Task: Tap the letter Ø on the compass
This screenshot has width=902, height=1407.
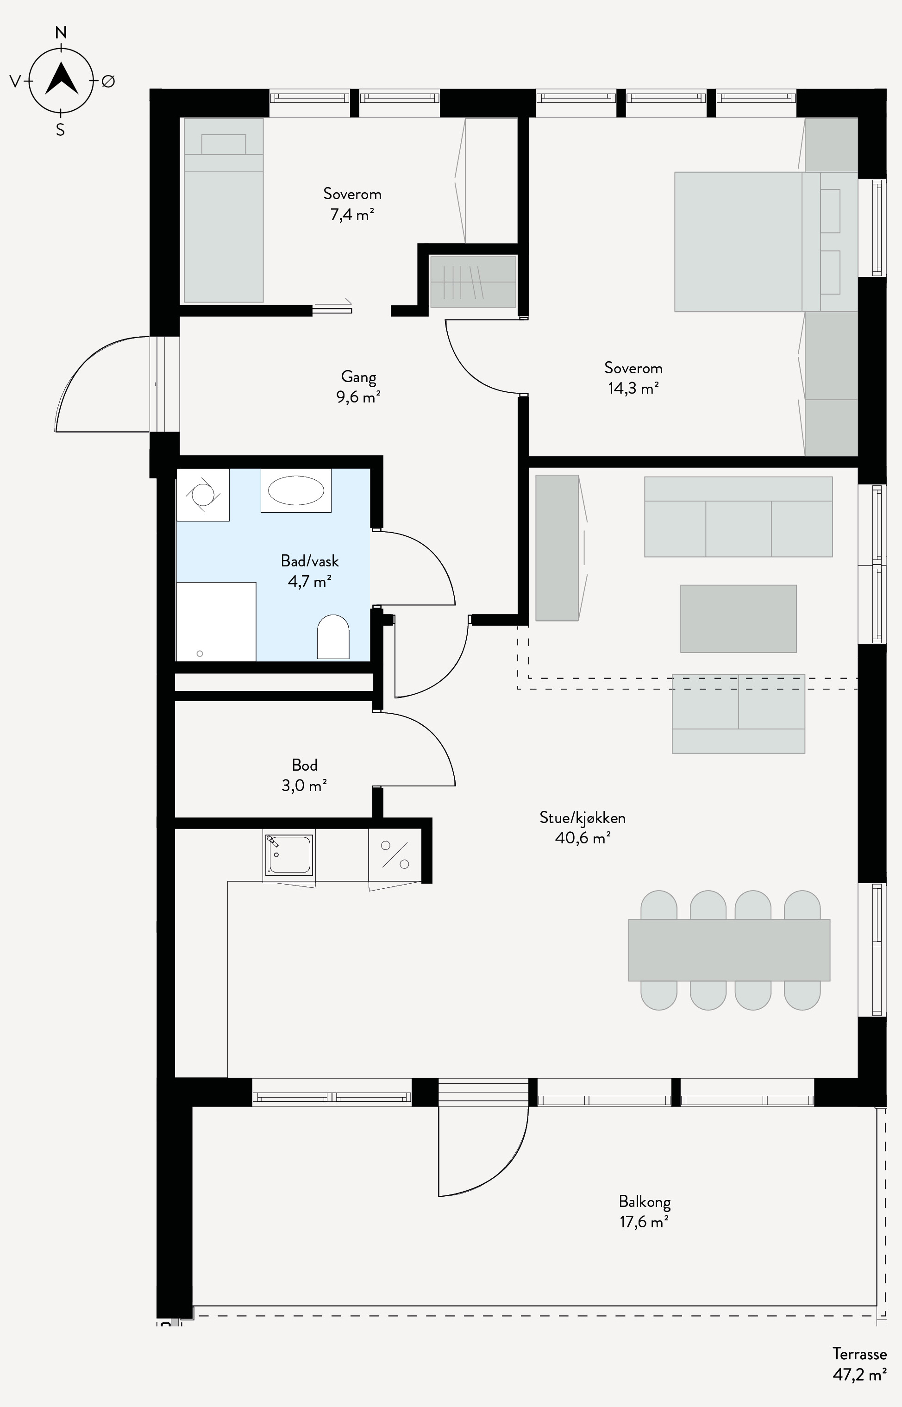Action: (x=108, y=82)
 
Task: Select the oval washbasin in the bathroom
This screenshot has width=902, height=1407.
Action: (x=296, y=490)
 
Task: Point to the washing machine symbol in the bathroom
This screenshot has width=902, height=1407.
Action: (x=203, y=495)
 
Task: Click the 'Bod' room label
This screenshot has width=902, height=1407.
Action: (x=305, y=765)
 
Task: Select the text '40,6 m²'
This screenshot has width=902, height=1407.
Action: (x=583, y=838)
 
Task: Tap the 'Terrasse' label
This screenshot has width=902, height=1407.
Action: (x=860, y=1354)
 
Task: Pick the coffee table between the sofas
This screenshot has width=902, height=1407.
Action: (x=738, y=619)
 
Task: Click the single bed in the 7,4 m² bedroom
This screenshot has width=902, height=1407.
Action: (x=224, y=210)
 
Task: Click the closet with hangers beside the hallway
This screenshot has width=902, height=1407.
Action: (x=473, y=282)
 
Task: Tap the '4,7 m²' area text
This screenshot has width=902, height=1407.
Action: (x=310, y=581)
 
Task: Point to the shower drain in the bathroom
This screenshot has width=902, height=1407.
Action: (x=200, y=653)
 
